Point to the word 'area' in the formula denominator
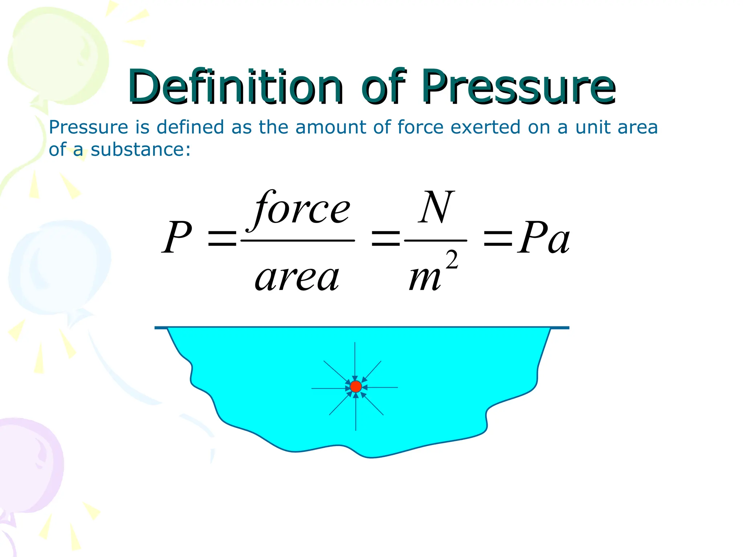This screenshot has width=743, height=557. (297, 278)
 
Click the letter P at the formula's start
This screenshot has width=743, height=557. (177, 238)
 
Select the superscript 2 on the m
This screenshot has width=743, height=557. (452, 260)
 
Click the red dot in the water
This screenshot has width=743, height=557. (356, 387)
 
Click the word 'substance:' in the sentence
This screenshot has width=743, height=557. (140, 149)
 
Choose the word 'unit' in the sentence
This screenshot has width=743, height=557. (591, 127)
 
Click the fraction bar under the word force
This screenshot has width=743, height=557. (297, 240)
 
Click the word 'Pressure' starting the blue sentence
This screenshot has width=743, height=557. (89, 127)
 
